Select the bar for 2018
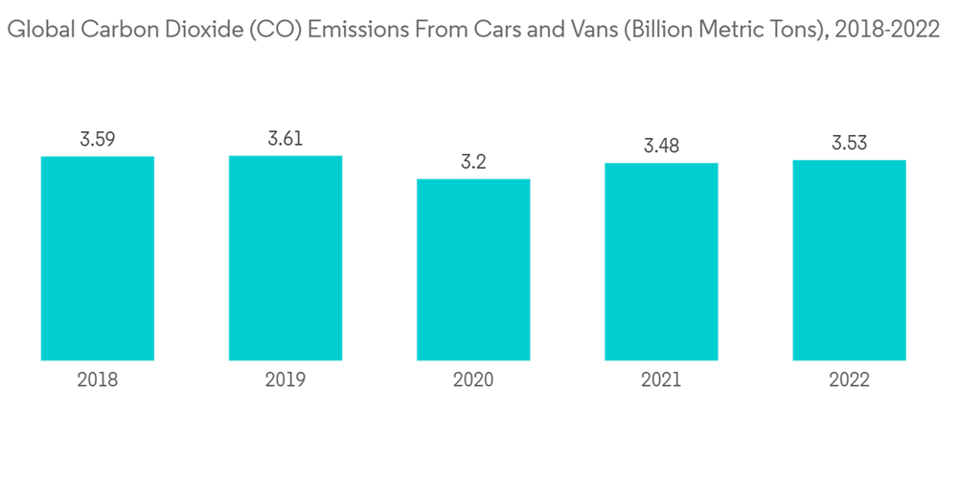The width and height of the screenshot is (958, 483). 98,258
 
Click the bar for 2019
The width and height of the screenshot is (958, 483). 285,258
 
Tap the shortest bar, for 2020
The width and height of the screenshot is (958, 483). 473,269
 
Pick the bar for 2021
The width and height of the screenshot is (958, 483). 661,262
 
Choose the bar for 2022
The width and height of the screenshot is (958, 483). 849,260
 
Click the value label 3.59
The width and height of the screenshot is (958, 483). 98,140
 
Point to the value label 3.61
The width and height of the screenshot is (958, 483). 285,139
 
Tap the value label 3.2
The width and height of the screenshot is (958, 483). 473,162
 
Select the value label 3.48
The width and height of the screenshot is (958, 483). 661,147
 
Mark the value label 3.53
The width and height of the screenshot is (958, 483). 849,144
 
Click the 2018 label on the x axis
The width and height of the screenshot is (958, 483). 98,380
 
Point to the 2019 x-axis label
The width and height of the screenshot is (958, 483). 285,380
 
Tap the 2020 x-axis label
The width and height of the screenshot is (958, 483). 473,380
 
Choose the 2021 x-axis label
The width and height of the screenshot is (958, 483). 661,380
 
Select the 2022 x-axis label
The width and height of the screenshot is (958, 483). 849,380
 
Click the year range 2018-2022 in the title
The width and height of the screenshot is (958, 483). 887,31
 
